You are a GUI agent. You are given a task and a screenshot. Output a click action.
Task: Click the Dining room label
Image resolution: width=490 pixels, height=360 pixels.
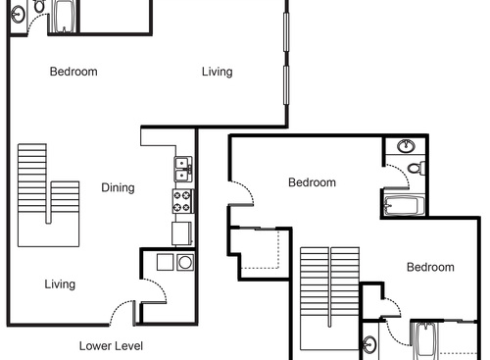pos(118,187)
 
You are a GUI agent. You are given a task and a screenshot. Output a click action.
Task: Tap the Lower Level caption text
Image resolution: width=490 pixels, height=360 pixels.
pos(111,345)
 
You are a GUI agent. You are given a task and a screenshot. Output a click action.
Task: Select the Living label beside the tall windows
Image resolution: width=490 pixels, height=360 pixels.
pos(217,71)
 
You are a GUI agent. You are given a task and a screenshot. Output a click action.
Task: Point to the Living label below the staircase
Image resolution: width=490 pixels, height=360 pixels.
pos(60,284)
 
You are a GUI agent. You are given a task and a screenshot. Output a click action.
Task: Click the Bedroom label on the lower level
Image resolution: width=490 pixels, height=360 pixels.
pos(73,71)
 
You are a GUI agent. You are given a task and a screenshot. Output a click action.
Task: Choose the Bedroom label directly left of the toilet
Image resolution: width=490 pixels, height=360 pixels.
pos(312,182)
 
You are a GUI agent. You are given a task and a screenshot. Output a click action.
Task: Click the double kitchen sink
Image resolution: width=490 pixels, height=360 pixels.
pos(182,169)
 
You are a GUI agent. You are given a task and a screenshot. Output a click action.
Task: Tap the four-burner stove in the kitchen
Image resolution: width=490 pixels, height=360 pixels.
pos(182,202)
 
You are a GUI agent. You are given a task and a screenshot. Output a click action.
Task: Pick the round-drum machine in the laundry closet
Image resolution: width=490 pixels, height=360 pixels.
pos(184,262)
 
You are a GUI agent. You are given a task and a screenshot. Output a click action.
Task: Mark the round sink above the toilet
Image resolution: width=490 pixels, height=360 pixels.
pos(407,147)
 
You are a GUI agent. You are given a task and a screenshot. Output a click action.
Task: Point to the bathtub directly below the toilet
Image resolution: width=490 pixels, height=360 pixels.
pos(403,205)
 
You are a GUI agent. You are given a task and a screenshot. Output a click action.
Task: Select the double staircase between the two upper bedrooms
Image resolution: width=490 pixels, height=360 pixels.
pos(330,294)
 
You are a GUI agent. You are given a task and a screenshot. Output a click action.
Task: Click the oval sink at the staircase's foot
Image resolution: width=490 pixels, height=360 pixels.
pos(370,345)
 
